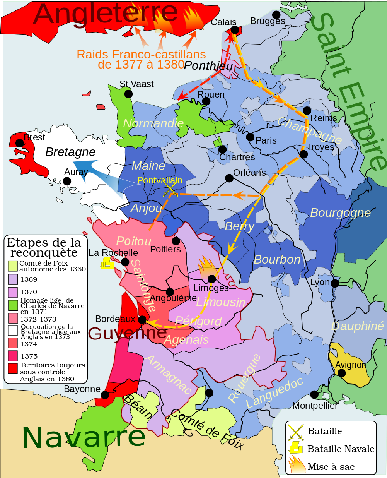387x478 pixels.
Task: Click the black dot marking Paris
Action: pyautogui.click(x=250, y=137)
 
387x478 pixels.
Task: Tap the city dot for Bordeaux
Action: pyautogui.click(x=142, y=320)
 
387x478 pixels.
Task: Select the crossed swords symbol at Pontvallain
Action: pyautogui.click(x=170, y=190)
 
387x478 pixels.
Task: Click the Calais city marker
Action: pyautogui.click(x=235, y=30)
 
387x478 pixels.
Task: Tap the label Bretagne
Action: pyautogui.click(x=70, y=152)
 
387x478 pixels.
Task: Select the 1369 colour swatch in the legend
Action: pyautogui.click(x=13, y=279)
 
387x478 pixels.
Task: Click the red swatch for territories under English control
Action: pyautogui.click(x=13, y=368)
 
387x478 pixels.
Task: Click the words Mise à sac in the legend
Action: pyautogui.click(x=331, y=467)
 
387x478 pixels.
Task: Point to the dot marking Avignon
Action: pyautogui.click(x=341, y=373)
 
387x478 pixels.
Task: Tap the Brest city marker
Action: pyautogui.click(x=19, y=143)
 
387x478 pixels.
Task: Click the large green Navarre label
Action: pyautogui.click(x=84, y=437)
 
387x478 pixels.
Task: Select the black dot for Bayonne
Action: pyautogui.click(x=105, y=395)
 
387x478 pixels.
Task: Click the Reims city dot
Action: pyautogui.click(x=307, y=110)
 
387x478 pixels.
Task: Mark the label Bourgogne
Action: pyautogui.click(x=340, y=212)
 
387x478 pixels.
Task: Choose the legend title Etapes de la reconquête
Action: pyautogui.click(x=44, y=248)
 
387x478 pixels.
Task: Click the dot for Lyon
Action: pyautogui.click(x=335, y=283)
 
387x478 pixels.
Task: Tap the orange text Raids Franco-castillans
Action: pyautogui.click(x=141, y=55)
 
